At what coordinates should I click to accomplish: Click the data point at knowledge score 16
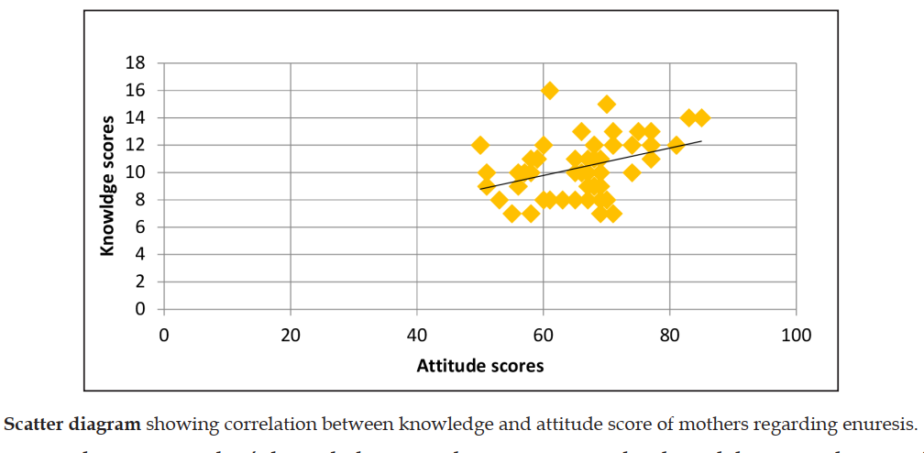click(550, 91)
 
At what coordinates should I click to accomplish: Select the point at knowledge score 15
click(607, 105)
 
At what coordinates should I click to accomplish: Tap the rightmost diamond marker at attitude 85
click(701, 117)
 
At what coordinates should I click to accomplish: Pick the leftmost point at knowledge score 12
click(480, 145)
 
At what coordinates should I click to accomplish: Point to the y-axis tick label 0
click(140, 309)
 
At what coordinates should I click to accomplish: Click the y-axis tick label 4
click(140, 255)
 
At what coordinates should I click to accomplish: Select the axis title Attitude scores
click(480, 366)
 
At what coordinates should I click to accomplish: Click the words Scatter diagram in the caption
click(73, 425)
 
